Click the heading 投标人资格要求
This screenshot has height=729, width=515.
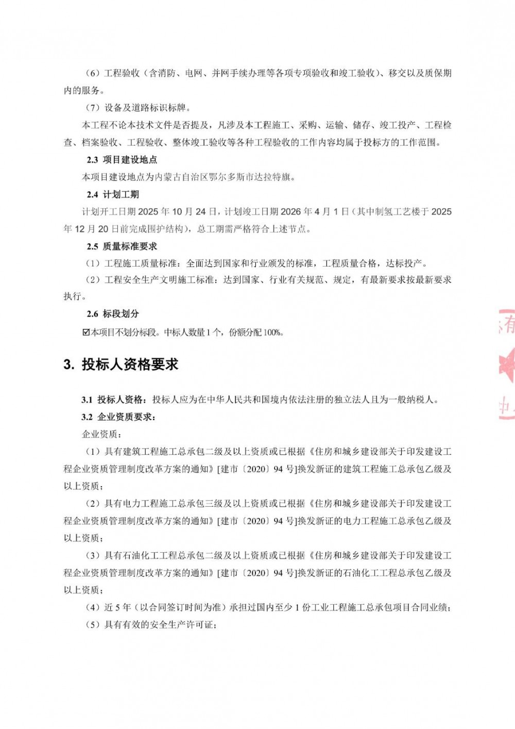pos(130,364)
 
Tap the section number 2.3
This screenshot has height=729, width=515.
pos(92,160)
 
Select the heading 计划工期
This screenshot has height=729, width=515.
pos(121,194)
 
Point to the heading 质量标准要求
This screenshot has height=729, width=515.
pos(130,246)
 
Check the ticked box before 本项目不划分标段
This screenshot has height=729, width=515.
pos(86,333)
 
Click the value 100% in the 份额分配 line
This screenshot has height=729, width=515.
pos(273,333)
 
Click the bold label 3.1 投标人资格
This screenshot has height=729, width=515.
pos(114,400)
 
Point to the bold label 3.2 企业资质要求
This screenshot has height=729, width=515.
pos(118,417)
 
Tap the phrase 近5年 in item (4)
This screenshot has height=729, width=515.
pos(118,607)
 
